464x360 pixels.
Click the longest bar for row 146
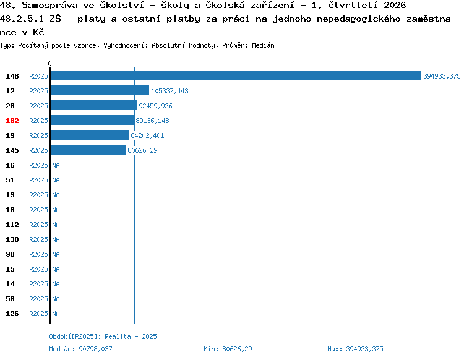tap(236, 75)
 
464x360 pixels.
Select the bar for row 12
tap(100, 90)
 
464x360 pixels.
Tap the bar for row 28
tap(94, 105)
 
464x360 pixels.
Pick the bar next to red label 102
tap(92, 120)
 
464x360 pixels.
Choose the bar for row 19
tap(90, 135)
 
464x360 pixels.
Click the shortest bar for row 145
tap(88, 150)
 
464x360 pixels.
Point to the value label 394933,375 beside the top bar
tap(442, 76)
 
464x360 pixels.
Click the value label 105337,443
tap(170, 91)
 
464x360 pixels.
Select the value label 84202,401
tap(147, 135)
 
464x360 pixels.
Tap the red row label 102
tap(12, 121)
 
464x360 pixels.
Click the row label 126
tap(12, 314)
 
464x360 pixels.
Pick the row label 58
tap(10, 299)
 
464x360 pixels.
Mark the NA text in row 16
tap(56, 165)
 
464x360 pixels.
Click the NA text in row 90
tap(56, 254)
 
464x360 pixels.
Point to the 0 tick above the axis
tap(49, 64)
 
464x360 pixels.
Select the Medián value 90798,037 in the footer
tap(95, 349)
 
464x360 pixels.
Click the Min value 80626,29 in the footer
tap(237, 349)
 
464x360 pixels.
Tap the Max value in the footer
tap(364, 349)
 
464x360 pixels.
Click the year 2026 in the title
tap(395, 5)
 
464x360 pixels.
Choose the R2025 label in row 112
tap(38, 225)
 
